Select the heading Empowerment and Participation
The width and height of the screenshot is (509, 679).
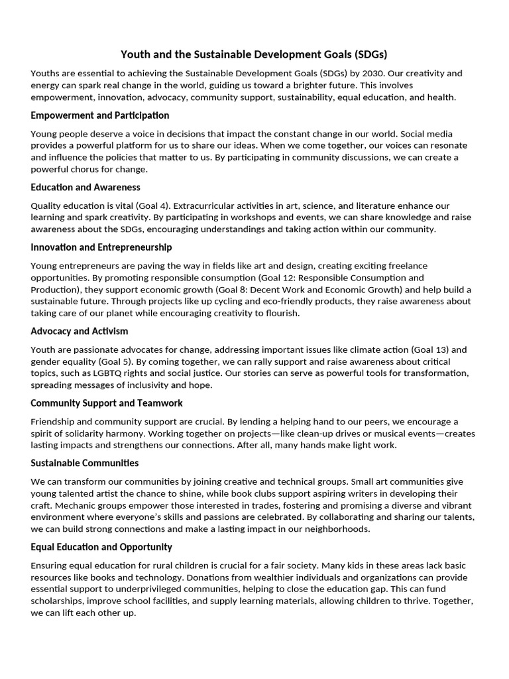point(100,115)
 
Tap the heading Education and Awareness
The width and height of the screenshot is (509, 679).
point(85,187)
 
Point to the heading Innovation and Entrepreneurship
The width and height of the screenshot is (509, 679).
point(101,247)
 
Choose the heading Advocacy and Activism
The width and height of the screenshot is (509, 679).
point(80,331)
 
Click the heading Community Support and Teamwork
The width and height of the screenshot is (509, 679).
point(107,403)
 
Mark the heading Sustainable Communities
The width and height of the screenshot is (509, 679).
point(85,463)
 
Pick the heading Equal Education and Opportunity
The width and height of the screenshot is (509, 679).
point(101,547)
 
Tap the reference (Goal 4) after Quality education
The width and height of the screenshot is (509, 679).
point(139,206)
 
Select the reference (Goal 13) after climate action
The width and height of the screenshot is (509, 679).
point(430,349)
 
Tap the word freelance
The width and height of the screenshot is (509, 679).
point(408,266)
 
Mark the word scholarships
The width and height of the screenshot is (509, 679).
point(58,601)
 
